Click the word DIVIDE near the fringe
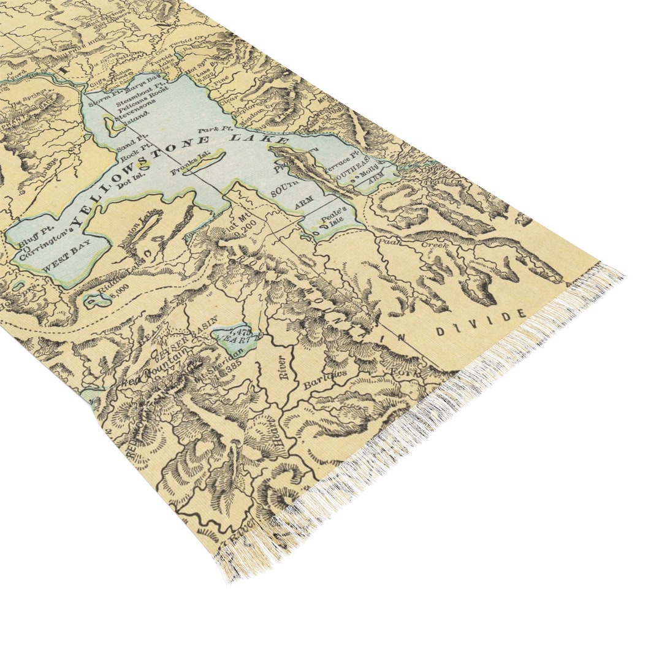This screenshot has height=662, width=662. point(482,322)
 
